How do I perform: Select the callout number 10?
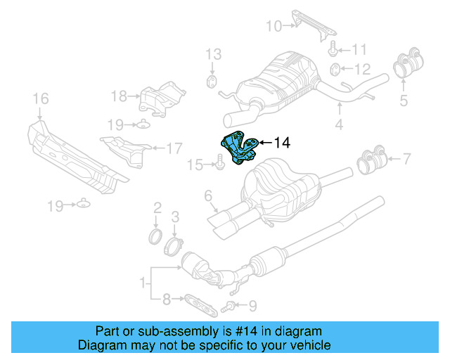click(273, 27)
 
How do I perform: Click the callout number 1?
click(143, 285)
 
